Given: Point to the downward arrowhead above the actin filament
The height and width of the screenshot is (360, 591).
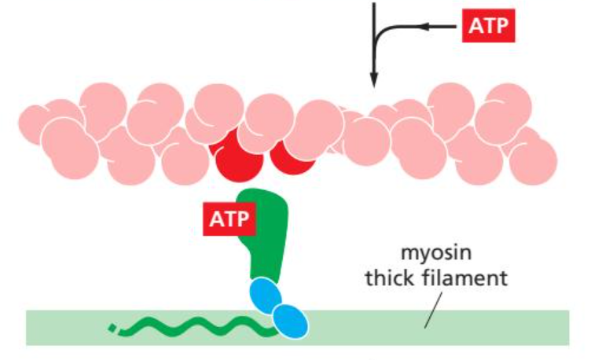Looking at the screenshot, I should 374,79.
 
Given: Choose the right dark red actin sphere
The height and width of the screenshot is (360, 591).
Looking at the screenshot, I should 293,158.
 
